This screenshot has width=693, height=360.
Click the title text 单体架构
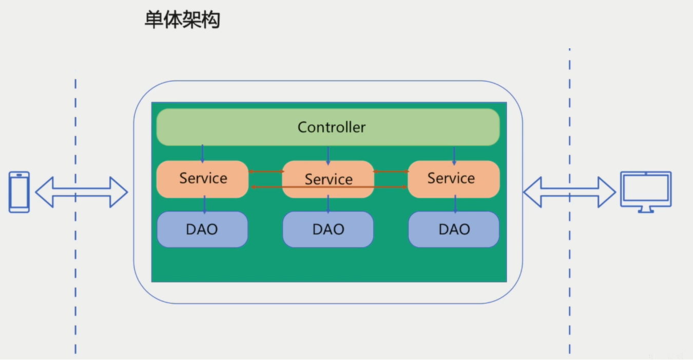coord(182,20)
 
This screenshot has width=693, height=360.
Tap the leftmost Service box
coord(202,179)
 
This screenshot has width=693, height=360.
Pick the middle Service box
coord(328,179)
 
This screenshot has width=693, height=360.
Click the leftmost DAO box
coord(202,229)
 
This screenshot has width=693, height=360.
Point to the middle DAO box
coord(328,229)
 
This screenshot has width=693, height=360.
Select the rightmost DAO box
coord(454,229)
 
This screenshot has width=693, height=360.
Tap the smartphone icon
coord(20,192)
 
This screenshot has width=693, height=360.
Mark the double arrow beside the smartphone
coord(81,192)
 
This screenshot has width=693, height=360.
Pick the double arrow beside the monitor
coord(569,192)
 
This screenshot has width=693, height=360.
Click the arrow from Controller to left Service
coord(202,154)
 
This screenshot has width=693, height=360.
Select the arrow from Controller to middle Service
coord(328,155)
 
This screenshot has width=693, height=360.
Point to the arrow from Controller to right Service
coord(454,155)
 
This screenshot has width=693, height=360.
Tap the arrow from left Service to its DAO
coord(204,204)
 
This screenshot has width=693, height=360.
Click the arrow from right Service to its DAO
coord(455,204)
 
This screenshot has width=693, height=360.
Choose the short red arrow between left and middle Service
coord(266,172)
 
